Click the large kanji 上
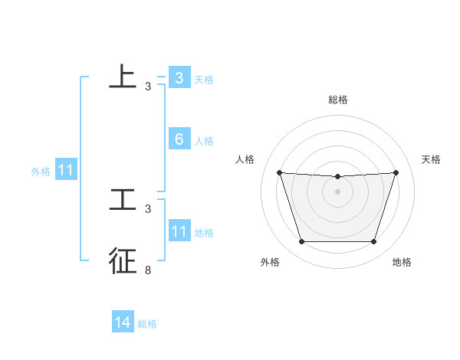(x=123, y=77)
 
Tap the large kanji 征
(x=123, y=260)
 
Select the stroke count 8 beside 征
(x=148, y=270)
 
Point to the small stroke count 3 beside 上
(x=148, y=87)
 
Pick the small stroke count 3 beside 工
(x=148, y=208)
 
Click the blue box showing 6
(x=179, y=139)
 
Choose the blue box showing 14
(x=123, y=323)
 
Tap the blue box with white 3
(x=179, y=78)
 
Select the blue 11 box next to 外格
(x=66, y=171)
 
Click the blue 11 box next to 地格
(x=179, y=231)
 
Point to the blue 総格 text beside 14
(x=147, y=324)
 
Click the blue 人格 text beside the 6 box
(x=204, y=141)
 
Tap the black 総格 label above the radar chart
(x=338, y=100)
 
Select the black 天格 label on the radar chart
(x=431, y=159)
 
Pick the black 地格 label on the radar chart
(x=402, y=262)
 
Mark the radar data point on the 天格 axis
(x=396, y=172)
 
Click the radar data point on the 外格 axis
(x=301, y=242)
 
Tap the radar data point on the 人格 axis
(x=279, y=172)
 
